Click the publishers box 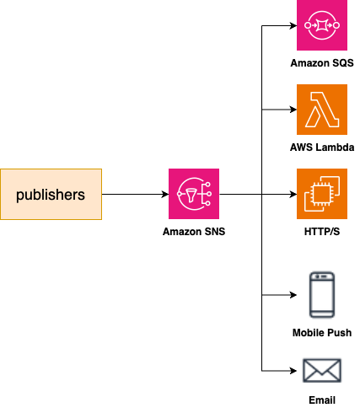coord(51,195)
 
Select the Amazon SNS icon coord(194,195)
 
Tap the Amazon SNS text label coord(194,232)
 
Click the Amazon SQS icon coord(322,25)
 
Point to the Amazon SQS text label coord(322,63)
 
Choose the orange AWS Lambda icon coord(322,110)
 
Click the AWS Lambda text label coord(322,147)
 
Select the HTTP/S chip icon coord(322,194)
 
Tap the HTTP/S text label coord(322,232)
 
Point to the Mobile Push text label coord(322,334)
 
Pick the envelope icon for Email coord(322,371)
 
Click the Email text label coord(322,400)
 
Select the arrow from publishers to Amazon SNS coord(135,195)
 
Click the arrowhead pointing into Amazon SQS coord(292,25)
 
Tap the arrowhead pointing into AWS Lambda coord(292,110)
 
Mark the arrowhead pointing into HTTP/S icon coord(292,195)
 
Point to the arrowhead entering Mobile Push coord(292,295)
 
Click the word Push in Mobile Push coord(338,334)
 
